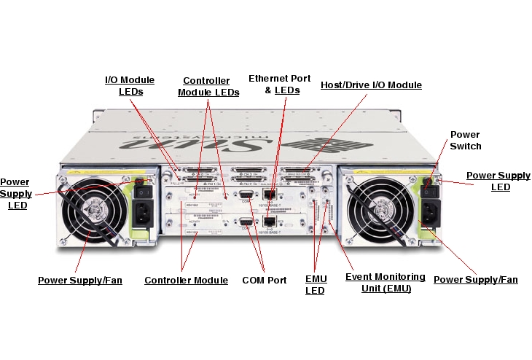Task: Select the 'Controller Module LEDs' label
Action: pos(208,86)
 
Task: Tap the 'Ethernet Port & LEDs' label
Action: pos(280,84)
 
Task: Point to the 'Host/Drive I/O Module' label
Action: pos(371,85)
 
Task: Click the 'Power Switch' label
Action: pos(466,140)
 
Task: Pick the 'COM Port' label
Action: pos(265,280)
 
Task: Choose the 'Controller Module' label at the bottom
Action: pos(187,280)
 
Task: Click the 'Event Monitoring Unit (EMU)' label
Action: pos(385,282)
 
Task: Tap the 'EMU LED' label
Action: pos(316,285)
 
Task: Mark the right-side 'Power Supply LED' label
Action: pos(498,181)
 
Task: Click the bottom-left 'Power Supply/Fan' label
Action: pos(80,280)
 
